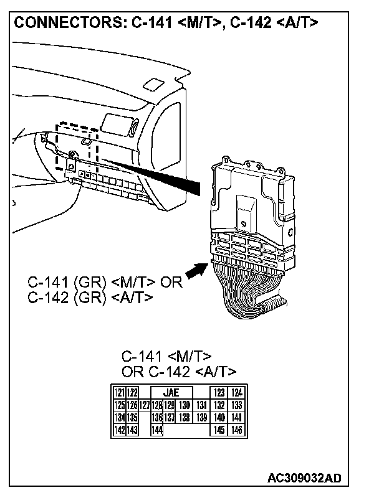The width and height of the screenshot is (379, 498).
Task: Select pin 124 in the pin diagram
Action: pos(236,393)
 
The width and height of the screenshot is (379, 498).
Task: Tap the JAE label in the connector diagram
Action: pos(170,393)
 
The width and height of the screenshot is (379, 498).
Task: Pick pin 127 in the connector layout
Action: pos(145,405)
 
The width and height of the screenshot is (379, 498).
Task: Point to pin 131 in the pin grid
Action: pos(201,405)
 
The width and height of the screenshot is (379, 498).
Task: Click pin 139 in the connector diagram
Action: pos(201,417)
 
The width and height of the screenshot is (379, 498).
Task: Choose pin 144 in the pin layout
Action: pos(156,430)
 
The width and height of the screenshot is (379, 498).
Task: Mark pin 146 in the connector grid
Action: pos(236,430)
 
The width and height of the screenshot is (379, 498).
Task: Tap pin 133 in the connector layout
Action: pos(236,405)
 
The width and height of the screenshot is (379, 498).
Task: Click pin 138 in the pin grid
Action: pos(185,417)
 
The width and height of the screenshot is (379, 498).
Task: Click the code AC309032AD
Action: pos(304,478)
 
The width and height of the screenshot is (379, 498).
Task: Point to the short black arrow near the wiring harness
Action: pos(196,271)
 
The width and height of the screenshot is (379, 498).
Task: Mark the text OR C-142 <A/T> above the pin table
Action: pos(178,372)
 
